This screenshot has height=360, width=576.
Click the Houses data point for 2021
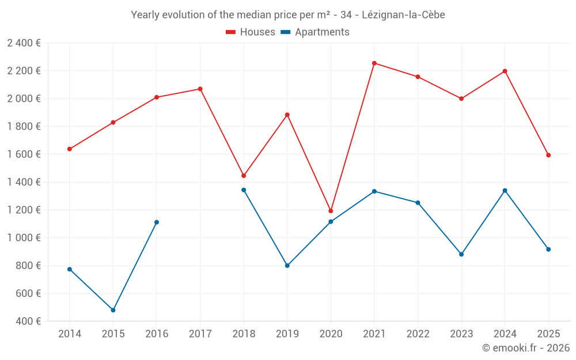click(374, 63)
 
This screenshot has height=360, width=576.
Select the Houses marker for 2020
click(331, 211)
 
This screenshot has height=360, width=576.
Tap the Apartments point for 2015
click(113, 310)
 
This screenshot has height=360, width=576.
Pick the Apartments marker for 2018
click(244, 190)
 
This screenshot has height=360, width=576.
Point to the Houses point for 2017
click(200, 89)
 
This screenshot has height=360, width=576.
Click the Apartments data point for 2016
click(157, 222)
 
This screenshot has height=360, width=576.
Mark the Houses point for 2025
click(548, 155)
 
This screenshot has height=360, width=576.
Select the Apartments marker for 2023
click(461, 254)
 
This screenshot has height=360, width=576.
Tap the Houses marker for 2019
click(287, 115)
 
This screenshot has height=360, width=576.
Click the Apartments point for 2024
click(505, 191)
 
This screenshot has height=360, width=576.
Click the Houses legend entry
click(251, 32)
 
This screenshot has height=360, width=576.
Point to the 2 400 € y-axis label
click(24, 43)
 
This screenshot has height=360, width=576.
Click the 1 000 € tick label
click(24, 238)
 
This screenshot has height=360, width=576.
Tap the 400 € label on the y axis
click(27, 321)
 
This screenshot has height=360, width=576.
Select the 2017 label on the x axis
click(200, 334)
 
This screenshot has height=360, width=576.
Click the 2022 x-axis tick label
click(418, 334)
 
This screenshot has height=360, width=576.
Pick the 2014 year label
click(70, 334)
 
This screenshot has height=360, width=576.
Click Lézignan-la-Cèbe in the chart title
click(403, 15)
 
